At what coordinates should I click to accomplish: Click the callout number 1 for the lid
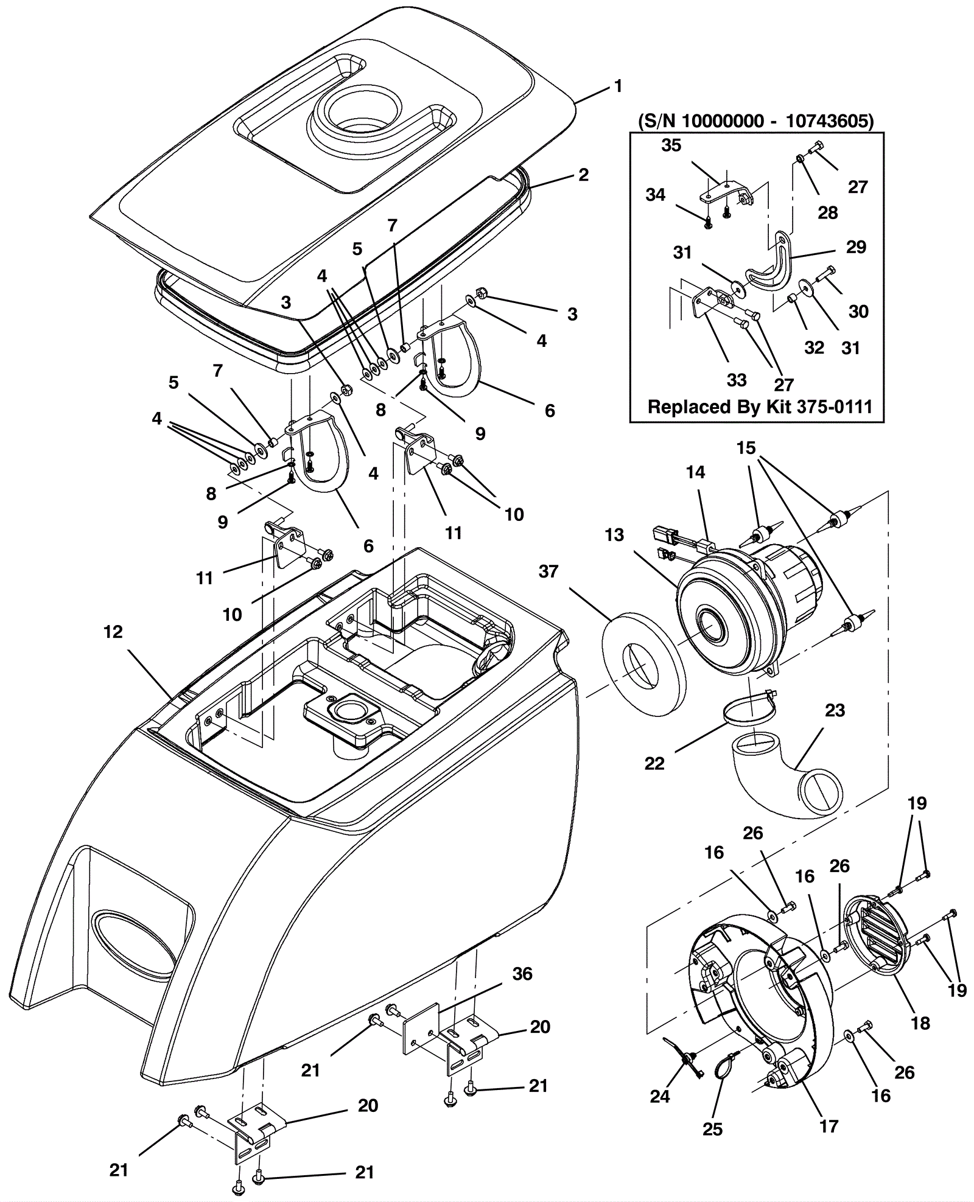pyautogui.click(x=618, y=86)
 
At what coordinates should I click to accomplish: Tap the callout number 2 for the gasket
pyautogui.click(x=584, y=175)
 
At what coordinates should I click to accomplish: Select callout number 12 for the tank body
pyautogui.click(x=113, y=632)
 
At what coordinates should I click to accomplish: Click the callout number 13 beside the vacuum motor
pyautogui.click(x=614, y=535)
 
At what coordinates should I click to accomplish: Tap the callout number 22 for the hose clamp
pyautogui.click(x=654, y=763)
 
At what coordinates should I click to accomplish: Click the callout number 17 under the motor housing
pyautogui.click(x=829, y=1126)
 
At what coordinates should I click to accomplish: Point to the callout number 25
pyautogui.click(x=712, y=1129)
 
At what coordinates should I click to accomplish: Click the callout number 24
pyautogui.click(x=660, y=1096)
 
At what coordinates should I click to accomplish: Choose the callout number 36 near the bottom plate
pyautogui.click(x=522, y=974)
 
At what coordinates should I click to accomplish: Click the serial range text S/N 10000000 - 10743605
pyautogui.click(x=755, y=121)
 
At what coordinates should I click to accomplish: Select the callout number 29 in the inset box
pyautogui.click(x=856, y=247)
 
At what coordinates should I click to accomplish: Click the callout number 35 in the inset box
pyautogui.click(x=671, y=145)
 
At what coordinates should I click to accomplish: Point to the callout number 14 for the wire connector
pyautogui.click(x=695, y=472)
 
